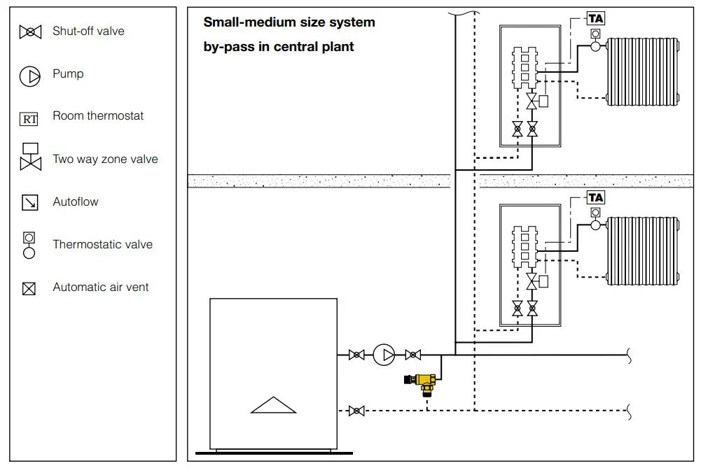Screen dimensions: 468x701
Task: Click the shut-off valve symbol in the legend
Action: click(x=30, y=31)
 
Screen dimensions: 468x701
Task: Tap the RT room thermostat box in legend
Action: click(x=29, y=120)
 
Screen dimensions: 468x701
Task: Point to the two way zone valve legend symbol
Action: click(x=30, y=158)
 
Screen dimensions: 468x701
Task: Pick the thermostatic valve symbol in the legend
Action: click(x=29, y=246)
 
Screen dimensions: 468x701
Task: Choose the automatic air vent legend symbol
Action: click(x=29, y=288)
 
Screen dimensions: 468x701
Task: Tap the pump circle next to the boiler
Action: click(x=384, y=355)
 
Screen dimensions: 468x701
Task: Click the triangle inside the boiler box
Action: click(x=273, y=406)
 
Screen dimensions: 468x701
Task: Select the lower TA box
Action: click(x=595, y=197)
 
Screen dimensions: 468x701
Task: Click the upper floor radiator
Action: click(x=642, y=71)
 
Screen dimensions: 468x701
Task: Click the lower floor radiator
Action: click(x=642, y=250)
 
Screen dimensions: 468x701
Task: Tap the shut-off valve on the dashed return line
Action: click(x=356, y=411)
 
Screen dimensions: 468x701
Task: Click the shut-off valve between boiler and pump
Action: click(x=356, y=355)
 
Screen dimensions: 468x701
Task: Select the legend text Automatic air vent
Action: click(x=101, y=288)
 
